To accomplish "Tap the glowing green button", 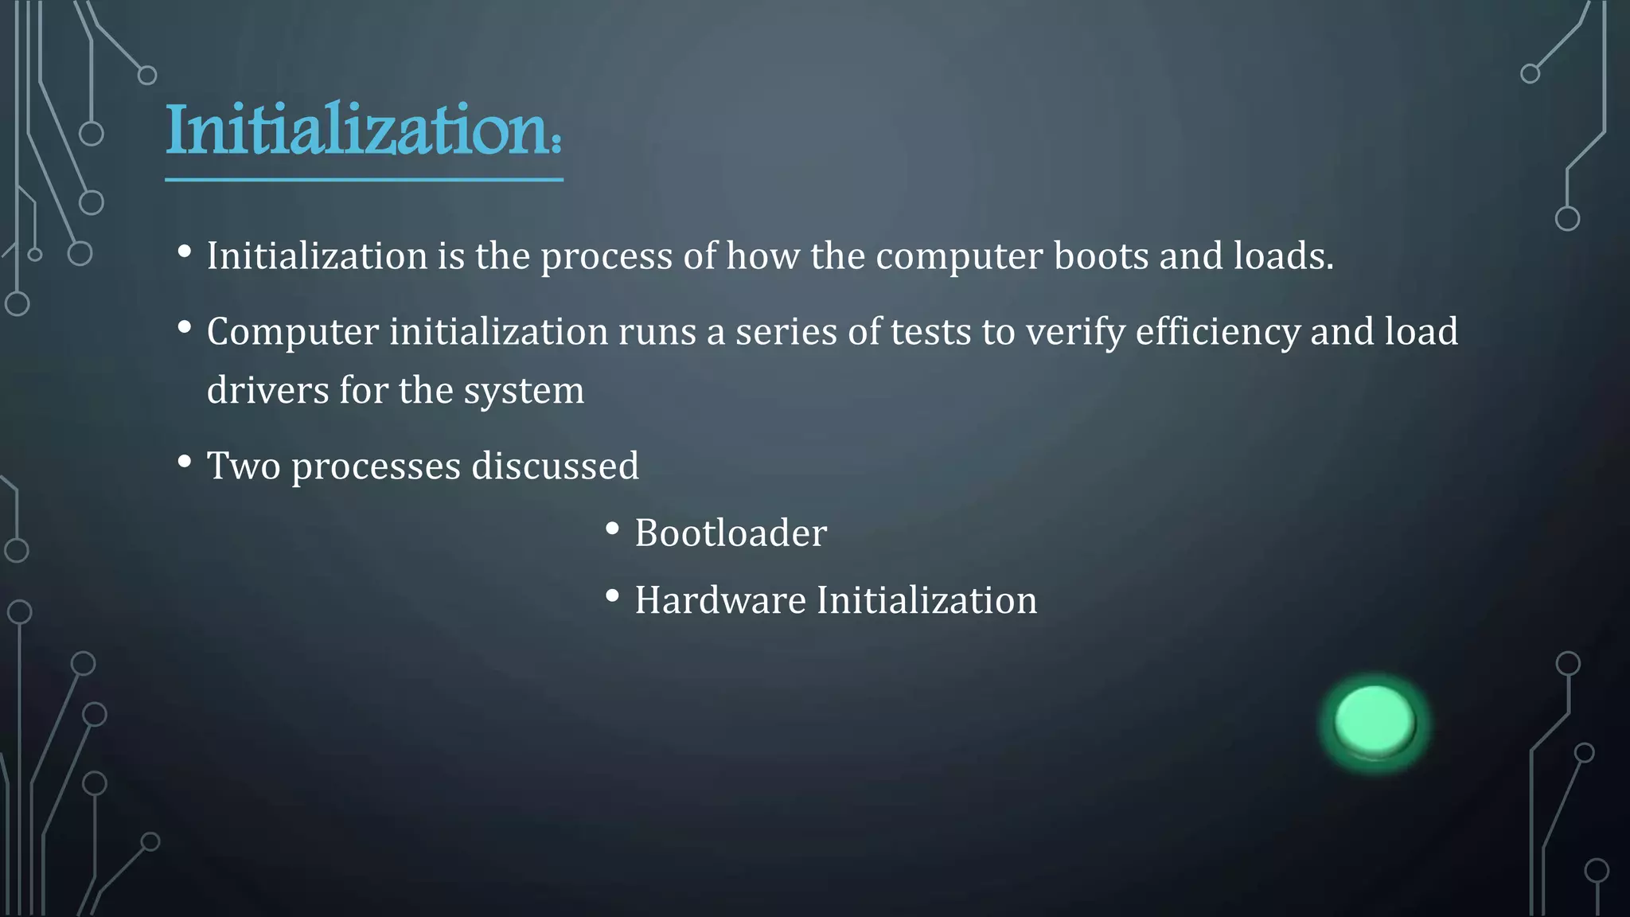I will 1375,720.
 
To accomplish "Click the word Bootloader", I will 731,533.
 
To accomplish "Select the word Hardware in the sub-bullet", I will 719,600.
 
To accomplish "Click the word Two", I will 244,466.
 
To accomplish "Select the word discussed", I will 555,466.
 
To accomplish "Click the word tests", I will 930,332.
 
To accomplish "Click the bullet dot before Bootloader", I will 612,529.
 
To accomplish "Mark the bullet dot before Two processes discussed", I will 185,462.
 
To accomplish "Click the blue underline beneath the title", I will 364,180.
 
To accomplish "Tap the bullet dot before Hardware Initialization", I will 612,595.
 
